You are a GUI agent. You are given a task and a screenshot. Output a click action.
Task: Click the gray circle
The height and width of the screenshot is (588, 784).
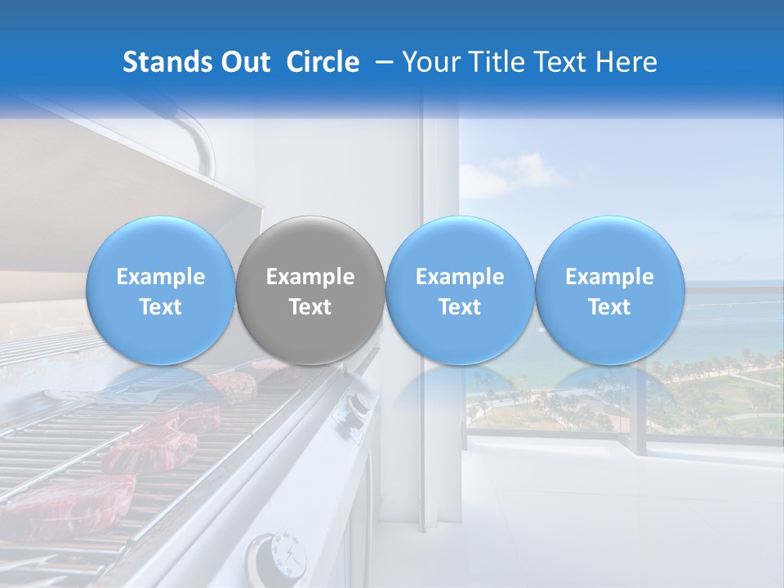[x=310, y=291]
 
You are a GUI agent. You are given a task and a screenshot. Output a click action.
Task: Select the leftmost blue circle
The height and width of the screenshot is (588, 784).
[x=160, y=291]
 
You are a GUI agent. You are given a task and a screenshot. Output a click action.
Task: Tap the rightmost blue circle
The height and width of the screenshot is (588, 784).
[x=609, y=291]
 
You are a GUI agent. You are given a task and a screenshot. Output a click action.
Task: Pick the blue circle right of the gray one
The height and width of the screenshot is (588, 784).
[x=460, y=291]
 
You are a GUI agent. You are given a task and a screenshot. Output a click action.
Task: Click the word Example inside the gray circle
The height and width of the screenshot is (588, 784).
[x=310, y=277]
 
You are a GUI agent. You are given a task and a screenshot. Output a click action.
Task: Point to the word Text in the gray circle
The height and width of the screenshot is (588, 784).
[x=310, y=307]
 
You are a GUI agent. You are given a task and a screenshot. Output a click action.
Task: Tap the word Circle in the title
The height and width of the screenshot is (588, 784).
[x=323, y=62]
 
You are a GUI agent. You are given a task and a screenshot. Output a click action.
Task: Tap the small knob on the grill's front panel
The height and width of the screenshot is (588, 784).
[x=357, y=404]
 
